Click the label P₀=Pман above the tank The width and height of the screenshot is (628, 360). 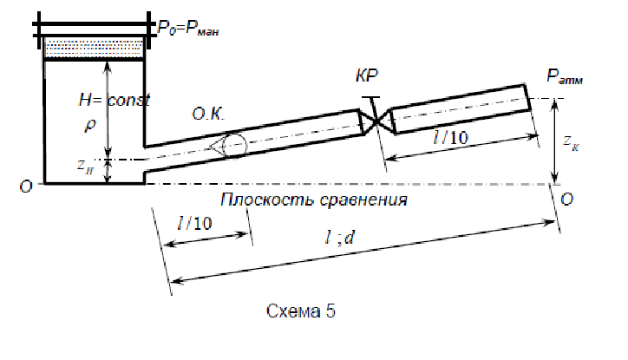click(188, 29)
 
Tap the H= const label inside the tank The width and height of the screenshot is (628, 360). click(114, 100)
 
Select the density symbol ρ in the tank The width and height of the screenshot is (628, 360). click(90, 125)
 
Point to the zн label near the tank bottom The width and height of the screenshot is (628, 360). click(86, 167)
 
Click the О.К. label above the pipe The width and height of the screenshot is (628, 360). click(208, 115)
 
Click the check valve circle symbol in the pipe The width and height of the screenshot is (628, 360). click(234, 146)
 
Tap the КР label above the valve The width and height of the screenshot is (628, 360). click(366, 75)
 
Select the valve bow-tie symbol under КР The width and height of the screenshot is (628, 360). click(376, 121)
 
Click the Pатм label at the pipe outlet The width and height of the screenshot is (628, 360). click(565, 76)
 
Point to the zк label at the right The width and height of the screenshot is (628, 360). click(571, 142)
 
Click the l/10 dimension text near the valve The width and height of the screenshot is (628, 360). click(450, 138)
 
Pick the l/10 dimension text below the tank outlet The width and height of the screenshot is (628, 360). click(194, 223)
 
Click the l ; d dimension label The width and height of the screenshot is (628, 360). click(340, 238)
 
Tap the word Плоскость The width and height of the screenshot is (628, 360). click(266, 200)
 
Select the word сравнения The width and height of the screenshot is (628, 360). click(363, 200)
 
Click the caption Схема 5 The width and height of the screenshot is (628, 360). click(301, 311)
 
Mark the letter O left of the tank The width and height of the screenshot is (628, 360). click(26, 187)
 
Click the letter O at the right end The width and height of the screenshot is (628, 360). click(566, 199)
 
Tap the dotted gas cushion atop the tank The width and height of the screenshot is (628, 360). click(94, 47)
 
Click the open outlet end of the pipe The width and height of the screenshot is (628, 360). click(528, 97)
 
